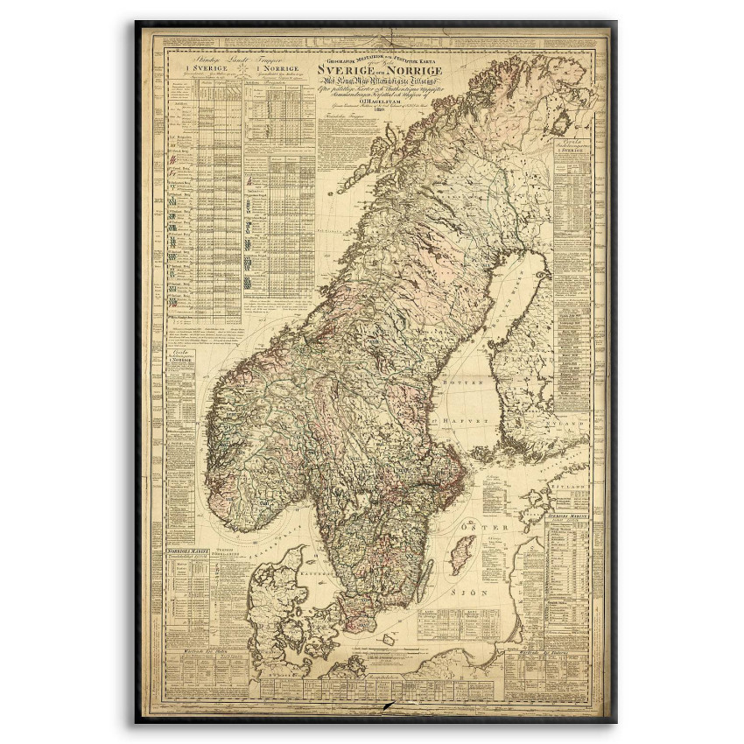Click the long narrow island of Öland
point(426,578)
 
